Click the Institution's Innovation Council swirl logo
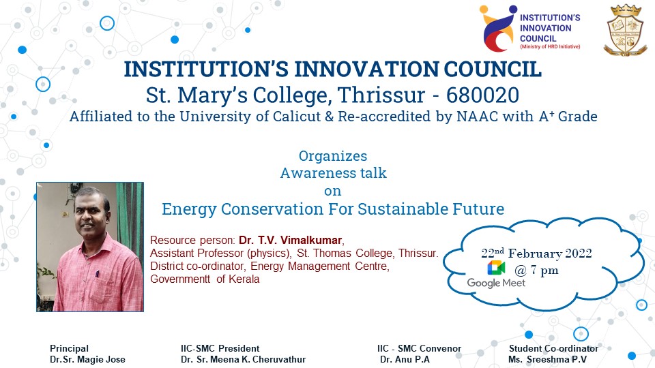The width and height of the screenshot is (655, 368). pos(498,29)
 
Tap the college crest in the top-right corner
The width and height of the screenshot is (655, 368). pos(626,30)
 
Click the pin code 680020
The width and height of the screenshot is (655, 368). pos(482,95)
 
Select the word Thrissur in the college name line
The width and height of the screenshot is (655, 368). pos(381,95)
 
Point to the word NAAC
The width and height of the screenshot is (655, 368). pos(477,117)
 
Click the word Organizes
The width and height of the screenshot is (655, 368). pos(333,157)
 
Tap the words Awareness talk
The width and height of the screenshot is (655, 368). pos(334,173)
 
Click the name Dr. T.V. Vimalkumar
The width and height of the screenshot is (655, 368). pos(291,241)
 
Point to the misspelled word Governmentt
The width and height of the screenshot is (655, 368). pos(180,279)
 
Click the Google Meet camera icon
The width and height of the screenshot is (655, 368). pos(496,268)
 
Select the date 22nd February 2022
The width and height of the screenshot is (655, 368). pos(536,254)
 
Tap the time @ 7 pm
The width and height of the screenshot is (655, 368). pos(536,271)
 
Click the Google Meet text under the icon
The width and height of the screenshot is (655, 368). pos(496,283)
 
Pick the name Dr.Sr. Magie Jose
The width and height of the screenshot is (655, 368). pos(87,359)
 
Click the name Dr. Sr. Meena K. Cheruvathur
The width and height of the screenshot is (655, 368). pos(243,359)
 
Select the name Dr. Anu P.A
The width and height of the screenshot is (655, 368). pos(405,359)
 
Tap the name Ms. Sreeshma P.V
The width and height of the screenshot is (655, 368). pos(547,359)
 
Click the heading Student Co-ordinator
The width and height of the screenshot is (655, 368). pos(553,348)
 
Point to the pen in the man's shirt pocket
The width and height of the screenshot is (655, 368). pos(98,274)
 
